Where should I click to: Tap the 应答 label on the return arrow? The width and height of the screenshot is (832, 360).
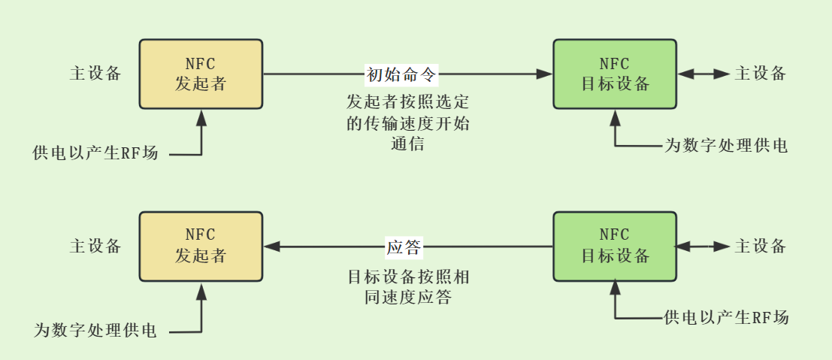(x=404, y=247)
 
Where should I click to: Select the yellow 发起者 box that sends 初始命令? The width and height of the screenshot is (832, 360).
(x=201, y=74)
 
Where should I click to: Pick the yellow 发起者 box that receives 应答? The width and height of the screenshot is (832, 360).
(x=201, y=247)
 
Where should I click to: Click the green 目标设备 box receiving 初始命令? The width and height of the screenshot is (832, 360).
(x=615, y=74)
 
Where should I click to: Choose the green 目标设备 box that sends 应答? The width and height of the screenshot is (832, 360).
(x=615, y=247)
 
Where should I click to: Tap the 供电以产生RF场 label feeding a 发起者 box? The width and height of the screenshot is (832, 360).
(x=95, y=153)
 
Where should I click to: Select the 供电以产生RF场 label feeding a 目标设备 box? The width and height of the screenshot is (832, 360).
(x=727, y=318)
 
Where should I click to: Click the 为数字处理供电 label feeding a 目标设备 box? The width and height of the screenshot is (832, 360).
(x=726, y=146)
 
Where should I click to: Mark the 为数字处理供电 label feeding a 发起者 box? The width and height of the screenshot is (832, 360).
(x=95, y=330)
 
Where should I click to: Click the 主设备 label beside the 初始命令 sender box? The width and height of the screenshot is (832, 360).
(x=95, y=74)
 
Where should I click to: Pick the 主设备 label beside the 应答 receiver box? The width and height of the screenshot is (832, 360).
(x=95, y=247)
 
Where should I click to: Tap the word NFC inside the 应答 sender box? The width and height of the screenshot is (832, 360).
(x=615, y=234)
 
